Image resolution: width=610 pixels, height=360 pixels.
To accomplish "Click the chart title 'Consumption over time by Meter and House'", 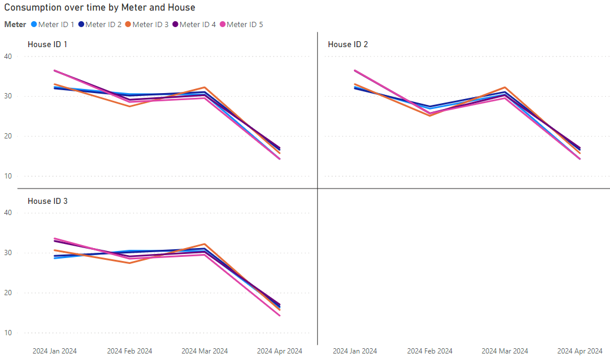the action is pyautogui.click(x=100, y=8).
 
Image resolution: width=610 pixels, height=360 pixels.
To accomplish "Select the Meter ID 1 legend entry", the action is pyautogui.click(x=52, y=25).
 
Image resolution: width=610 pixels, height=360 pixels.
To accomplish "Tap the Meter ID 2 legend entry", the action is pyautogui.click(x=100, y=25).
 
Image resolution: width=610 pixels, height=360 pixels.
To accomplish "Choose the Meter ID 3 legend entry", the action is pyautogui.click(x=147, y=25).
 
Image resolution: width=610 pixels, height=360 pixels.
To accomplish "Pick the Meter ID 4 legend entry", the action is pyautogui.click(x=194, y=25).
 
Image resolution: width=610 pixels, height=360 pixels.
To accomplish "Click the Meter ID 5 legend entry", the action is pyautogui.click(x=241, y=25).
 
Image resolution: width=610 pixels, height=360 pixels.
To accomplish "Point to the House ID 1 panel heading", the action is pyautogui.click(x=48, y=44).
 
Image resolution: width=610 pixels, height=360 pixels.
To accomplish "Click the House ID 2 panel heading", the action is pyautogui.click(x=348, y=44).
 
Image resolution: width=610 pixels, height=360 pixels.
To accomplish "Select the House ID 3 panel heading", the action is pyautogui.click(x=48, y=201).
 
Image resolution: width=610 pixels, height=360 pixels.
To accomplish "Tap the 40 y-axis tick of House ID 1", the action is pyautogui.click(x=8, y=57).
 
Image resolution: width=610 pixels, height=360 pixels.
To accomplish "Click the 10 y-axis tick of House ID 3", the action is pyautogui.click(x=8, y=333).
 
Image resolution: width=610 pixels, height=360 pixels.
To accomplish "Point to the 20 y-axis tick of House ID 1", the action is pyautogui.click(x=8, y=136).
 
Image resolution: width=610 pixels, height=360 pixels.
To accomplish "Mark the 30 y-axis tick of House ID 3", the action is pyautogui.click(x=8, y=253).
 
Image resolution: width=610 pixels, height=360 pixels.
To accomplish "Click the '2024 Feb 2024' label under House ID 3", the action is pyautogui.click(x=130, y=351).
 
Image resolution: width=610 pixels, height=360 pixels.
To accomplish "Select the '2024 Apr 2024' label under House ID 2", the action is pyautogui.click(x=579, y=351).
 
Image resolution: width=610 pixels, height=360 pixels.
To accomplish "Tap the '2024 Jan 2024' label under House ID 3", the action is pyautogui.click(x=54, y=351).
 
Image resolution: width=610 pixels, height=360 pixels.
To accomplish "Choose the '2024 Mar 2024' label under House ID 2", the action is pyautogui.click(x=505, y=351).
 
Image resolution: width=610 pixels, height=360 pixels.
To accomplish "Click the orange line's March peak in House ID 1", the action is pyautogui.click(x=205, y=87).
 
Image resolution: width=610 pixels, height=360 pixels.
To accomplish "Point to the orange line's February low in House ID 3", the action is pyautogui.click(x=130, y=263).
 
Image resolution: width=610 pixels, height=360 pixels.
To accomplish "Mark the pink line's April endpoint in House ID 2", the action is pyautogui.click(x=580, y=159).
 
